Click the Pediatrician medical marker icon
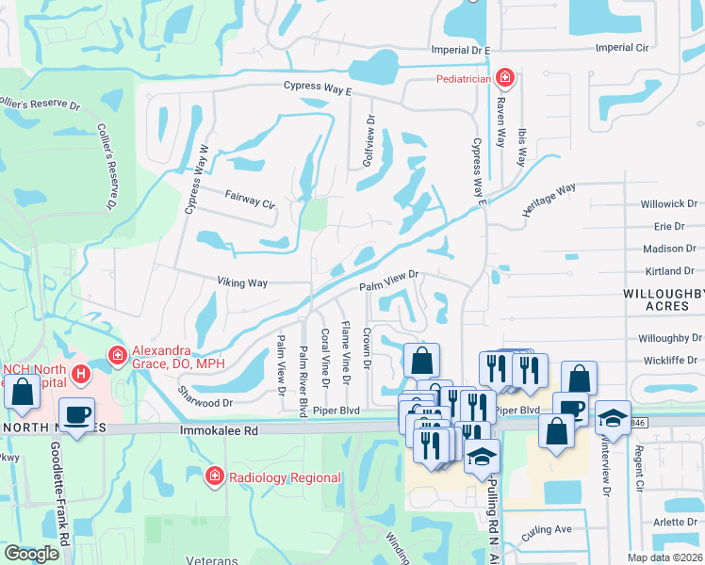pyautogui.click(x=505, y=77)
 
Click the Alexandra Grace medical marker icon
pyautogui.click(x=118, y=355)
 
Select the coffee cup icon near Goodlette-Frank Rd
pyautogui.click(x=76, y=413)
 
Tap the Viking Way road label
pyautogui.click(x=242, y=282)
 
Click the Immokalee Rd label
pyautogui.click(x=218, y=428)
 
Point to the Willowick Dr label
pyautogui.click(x=668, y=203)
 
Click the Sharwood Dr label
pyautogui.click(x=205, y=402)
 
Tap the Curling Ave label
pyautogui.click(x=547, y=530)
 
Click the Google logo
pyautogui.click(x=31, y=554)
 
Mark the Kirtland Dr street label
pyautogui.click(x=670, y=271)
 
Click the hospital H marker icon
pyautogui.click(x=82, y=374)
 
